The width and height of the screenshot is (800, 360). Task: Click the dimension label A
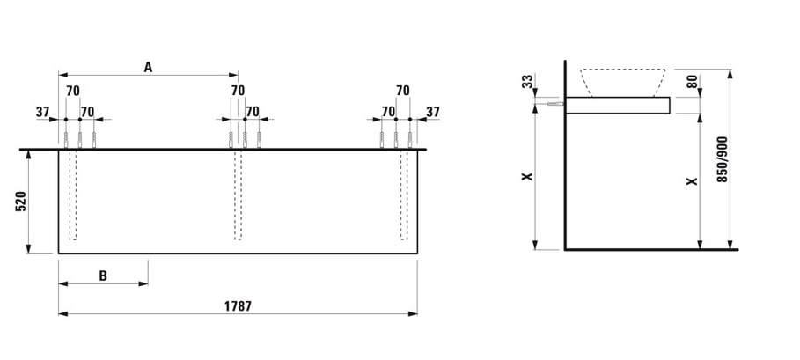tap(148, 67)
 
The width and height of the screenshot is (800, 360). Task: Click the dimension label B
tap(103, 276)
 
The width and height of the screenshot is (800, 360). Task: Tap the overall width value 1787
tap(238, 306)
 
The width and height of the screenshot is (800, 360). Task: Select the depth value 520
tap(21, 202)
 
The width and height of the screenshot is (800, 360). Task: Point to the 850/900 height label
tap(723, 159)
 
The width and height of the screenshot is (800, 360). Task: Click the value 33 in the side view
tap(526, 82)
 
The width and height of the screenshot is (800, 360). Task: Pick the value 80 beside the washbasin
tap(692, 83)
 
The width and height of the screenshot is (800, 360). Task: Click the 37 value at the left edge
tap(42, 111)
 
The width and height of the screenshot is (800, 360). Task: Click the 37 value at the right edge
tap(432, 111)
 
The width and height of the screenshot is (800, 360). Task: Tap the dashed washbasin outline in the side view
tap(624, 82)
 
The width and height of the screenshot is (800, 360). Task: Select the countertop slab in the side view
tap(617, 106)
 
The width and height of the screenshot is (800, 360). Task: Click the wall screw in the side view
tap(554, 105)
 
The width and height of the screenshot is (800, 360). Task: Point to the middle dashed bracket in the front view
tap(238, 195)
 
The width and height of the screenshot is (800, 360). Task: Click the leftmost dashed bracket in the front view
tap(73, 195)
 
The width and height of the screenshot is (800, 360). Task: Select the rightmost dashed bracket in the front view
tap(404, 195)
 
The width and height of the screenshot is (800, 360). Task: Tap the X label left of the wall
tap(526, 176)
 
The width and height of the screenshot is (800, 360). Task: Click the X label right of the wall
tap(692, 181)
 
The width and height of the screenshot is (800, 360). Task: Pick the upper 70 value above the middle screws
tap(238, 90)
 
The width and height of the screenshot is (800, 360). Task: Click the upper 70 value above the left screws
tap(73, 90)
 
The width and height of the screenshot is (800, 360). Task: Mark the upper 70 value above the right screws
tap(403, 90)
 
